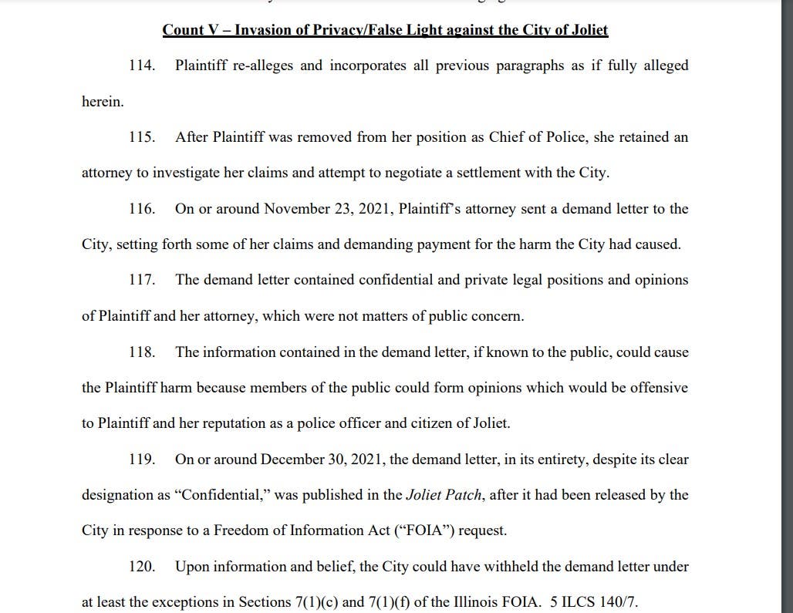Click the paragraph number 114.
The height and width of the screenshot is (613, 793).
(142, 66)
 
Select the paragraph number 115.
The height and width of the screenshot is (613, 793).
(142, 137)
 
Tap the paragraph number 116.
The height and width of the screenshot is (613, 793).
(142, 209)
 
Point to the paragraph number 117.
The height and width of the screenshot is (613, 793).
(142, 280)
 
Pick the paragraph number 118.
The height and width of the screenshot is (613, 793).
(142, 352)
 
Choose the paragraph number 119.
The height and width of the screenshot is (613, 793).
(142, 460)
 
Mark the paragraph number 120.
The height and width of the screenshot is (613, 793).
(142, 567)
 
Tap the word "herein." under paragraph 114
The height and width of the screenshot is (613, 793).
(103, 101)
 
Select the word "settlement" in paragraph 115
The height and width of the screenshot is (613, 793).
(482, 173)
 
